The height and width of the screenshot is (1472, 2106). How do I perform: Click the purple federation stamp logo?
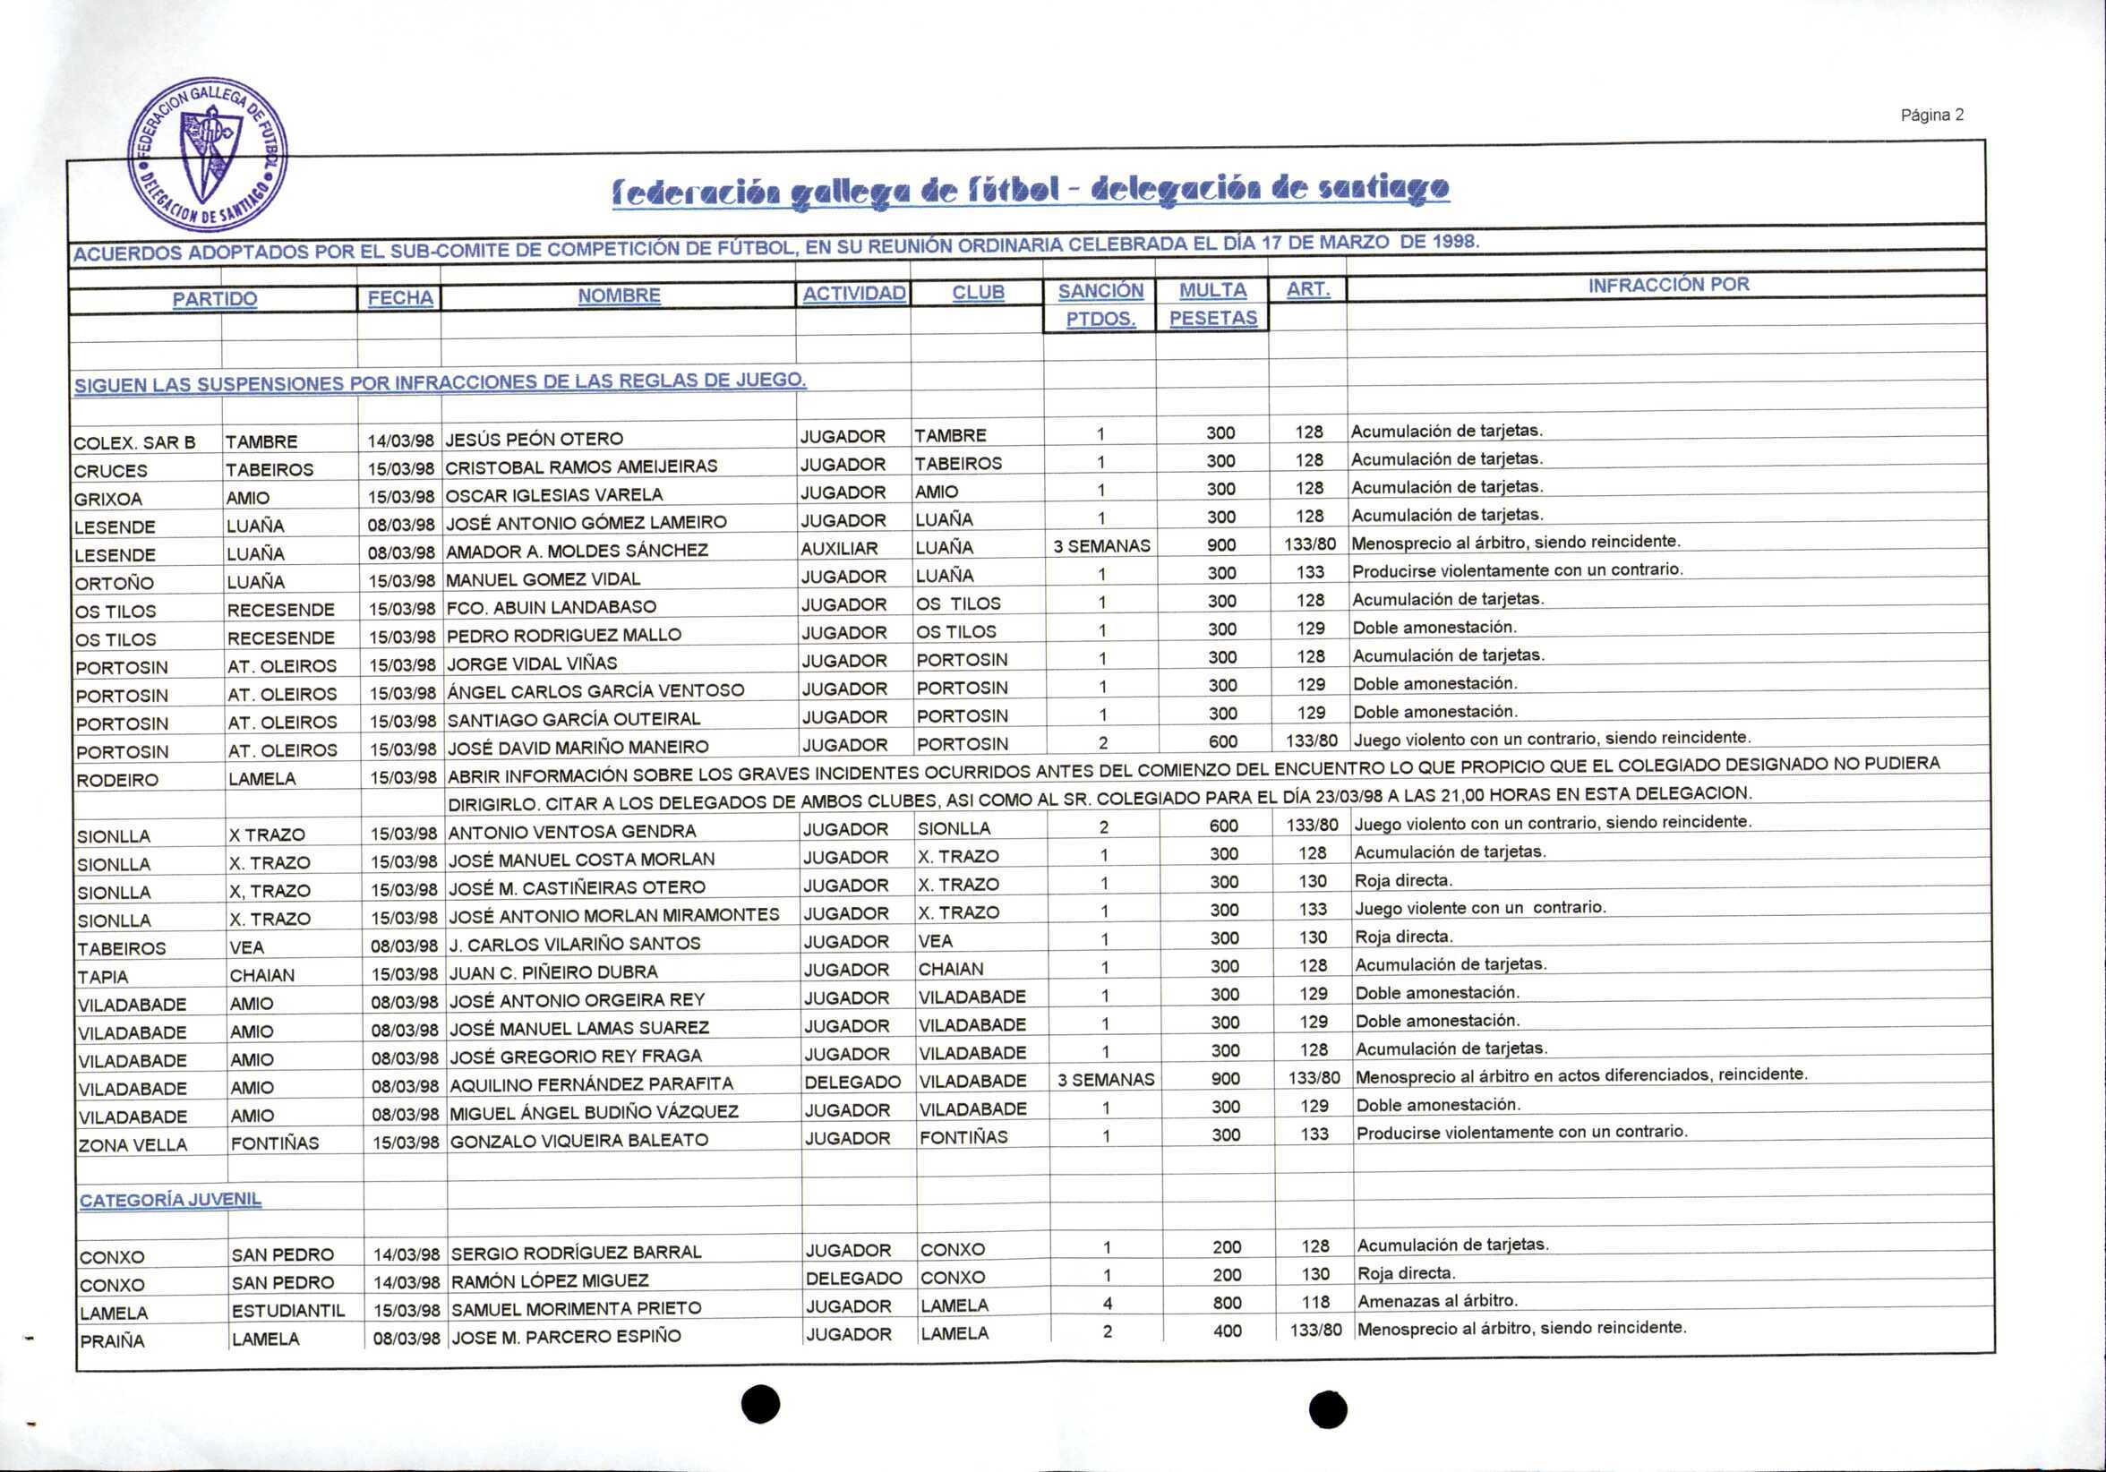tap(208, 155)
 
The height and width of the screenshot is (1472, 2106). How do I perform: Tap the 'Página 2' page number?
tap(1930, 116)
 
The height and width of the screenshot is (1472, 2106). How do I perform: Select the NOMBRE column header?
tap(619, 295)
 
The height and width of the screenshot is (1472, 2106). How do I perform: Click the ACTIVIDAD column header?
tap(853, 294)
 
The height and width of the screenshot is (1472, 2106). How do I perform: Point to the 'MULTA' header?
tap(1212, 291)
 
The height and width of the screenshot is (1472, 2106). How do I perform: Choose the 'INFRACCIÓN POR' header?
tap(1668, 286)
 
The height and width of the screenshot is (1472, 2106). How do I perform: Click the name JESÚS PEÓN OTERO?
tap(534, 440)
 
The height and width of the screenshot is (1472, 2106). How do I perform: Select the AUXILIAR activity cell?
tap(839, 549)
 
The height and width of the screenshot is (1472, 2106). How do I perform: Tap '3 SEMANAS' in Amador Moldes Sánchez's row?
tap(1100, 546)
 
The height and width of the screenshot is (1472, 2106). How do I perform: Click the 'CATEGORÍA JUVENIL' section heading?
tap(171, 1200)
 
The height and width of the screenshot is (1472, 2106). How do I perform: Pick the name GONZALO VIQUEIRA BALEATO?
tap(578, 1140)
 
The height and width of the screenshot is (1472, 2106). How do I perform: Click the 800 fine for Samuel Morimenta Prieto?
tap(1227, 1304)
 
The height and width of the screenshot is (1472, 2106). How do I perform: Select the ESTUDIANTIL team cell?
tap(288, 1311)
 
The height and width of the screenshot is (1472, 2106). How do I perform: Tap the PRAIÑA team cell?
tap(112, 1341)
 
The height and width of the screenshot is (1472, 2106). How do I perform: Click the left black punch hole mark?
tap(760, 1404)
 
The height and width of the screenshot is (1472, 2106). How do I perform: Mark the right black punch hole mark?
tap(1327, 1409)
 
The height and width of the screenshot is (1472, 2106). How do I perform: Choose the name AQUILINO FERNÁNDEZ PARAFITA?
tap(592, 1084)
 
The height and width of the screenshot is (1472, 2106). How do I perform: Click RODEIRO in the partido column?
tap(117, 781)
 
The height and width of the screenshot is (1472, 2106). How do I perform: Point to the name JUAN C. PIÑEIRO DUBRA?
tap(554, 972)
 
